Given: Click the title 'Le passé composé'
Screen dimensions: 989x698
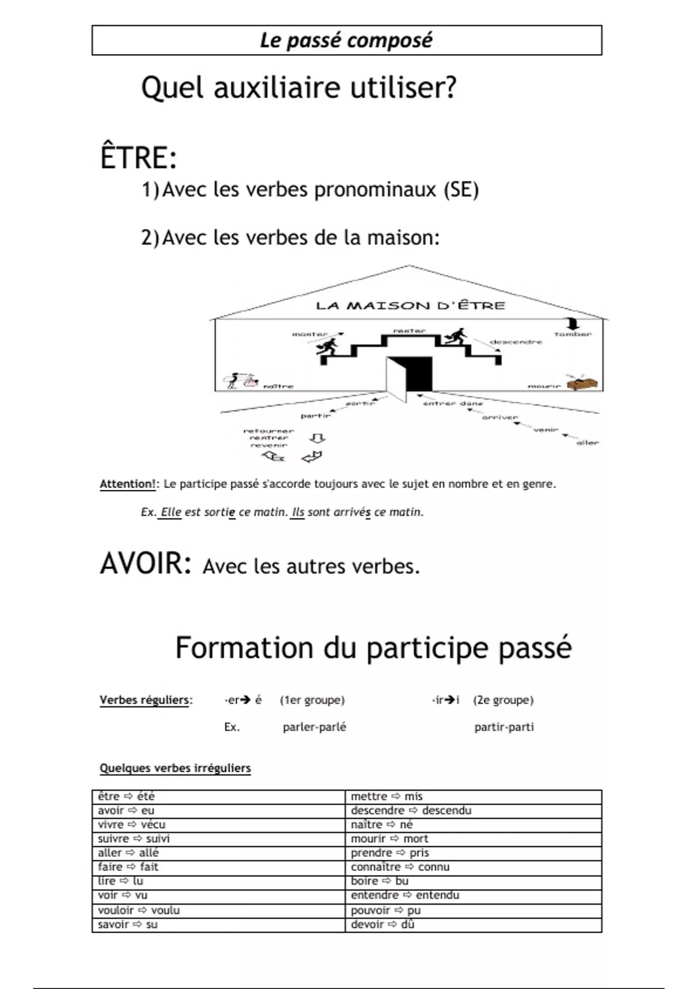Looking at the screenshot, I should point(346,40).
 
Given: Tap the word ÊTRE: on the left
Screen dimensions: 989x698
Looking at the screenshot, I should point(138,158).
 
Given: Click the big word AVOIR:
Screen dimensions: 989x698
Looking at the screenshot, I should point(145,563).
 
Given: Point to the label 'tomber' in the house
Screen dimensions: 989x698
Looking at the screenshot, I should point(572,335).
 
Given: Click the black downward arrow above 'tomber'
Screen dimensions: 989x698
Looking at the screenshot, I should point(573,323).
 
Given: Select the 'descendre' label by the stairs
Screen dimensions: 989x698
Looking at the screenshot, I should point(516,342).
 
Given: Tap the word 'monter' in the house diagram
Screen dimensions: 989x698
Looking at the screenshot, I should point(309,335).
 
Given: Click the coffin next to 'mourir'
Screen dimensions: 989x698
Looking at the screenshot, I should point(583,383).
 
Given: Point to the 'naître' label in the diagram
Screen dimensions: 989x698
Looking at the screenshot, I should point(279,386).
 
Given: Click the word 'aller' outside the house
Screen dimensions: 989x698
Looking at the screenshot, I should point(587,443).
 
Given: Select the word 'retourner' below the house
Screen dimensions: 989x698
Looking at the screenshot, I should point(269,431).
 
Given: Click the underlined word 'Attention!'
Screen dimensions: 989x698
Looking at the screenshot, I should point(127,484).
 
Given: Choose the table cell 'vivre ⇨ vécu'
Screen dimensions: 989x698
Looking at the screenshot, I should point(131,824).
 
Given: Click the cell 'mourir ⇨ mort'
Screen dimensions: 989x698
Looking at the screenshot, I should point(389,838).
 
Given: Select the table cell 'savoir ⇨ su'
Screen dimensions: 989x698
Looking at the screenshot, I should point(127,924).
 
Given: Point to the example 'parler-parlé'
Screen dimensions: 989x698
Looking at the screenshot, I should point(314,727).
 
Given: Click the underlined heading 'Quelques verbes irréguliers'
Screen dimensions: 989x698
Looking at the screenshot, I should point(175,769).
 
